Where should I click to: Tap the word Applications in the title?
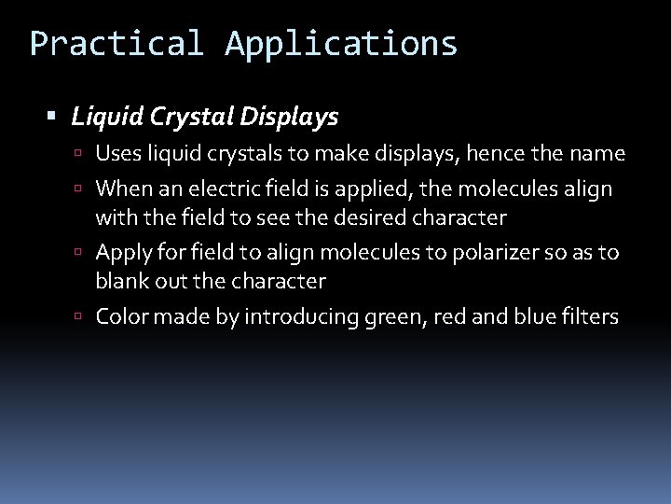point(341,44)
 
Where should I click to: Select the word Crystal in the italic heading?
point(194,118)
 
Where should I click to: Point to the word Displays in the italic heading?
point(291,118)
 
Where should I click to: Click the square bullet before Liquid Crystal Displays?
point(52,119)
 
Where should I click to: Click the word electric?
point(223,189)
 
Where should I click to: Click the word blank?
point(123,281)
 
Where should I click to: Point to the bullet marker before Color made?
point(84,318)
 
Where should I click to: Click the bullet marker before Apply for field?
point(84,254)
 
